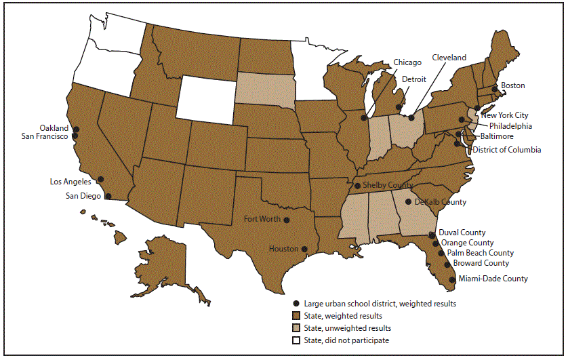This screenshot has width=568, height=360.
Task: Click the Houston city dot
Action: click(304, 249)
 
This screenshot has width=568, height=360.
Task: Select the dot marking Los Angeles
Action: click(100, 180)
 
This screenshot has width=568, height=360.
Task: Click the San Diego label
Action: click(77, 196)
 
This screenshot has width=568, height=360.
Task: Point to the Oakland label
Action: click(54, 127)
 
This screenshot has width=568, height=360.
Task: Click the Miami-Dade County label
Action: click(493, 279)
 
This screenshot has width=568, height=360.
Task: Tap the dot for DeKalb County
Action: click(408, 201)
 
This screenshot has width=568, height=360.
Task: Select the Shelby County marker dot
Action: click(357, 186)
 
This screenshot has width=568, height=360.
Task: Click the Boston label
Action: click(513, 85)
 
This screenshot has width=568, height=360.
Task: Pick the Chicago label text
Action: click(407, 62)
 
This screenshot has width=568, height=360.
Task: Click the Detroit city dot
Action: click(400, 107)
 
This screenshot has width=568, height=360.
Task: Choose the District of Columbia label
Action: click(506, 150)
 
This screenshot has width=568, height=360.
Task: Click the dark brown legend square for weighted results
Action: click(296, 316)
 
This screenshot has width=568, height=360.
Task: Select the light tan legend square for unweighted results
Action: click(296, 328)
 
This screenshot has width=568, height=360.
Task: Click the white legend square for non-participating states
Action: click(296, 340)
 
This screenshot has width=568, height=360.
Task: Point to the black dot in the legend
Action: click(296, 304)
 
